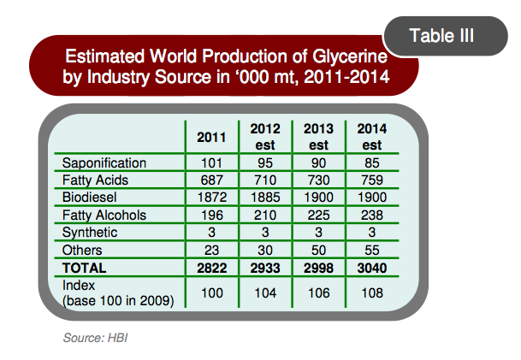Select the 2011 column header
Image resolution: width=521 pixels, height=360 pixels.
212,137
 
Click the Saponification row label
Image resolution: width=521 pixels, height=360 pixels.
105,162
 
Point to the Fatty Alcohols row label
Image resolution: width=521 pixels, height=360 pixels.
105,215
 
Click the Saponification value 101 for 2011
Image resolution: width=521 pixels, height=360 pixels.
212,162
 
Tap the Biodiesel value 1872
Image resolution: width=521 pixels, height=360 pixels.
212,198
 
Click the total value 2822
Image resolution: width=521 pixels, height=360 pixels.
212,267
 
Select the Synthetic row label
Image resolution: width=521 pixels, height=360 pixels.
91,233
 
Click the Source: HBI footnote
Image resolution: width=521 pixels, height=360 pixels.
95,339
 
